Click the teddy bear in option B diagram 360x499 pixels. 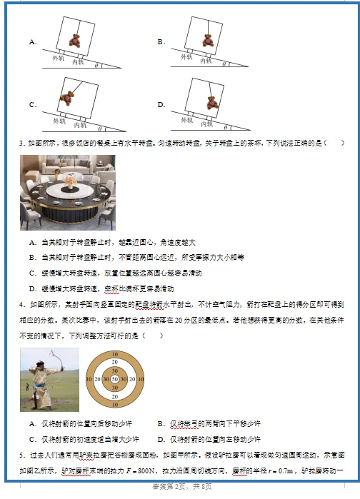(x=209, y=40)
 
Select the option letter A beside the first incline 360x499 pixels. (x=32, y=42)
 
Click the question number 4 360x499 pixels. (x=22, y=306)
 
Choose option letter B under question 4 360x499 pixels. (x=161, y=423)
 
